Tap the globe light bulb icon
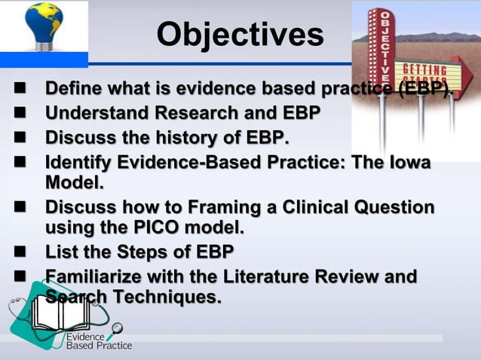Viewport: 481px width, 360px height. pyautogui.click(x=43, y=31)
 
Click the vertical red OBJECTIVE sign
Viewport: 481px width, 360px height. pyautogui.click(x=384, y=46)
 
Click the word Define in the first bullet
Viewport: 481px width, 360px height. pyautogui.click(x=72, y=90)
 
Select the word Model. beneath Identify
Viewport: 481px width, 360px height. pyautogui.click(x=75, y=183)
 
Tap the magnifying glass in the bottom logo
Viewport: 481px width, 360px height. pyautogui.click(x=117, y=328)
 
